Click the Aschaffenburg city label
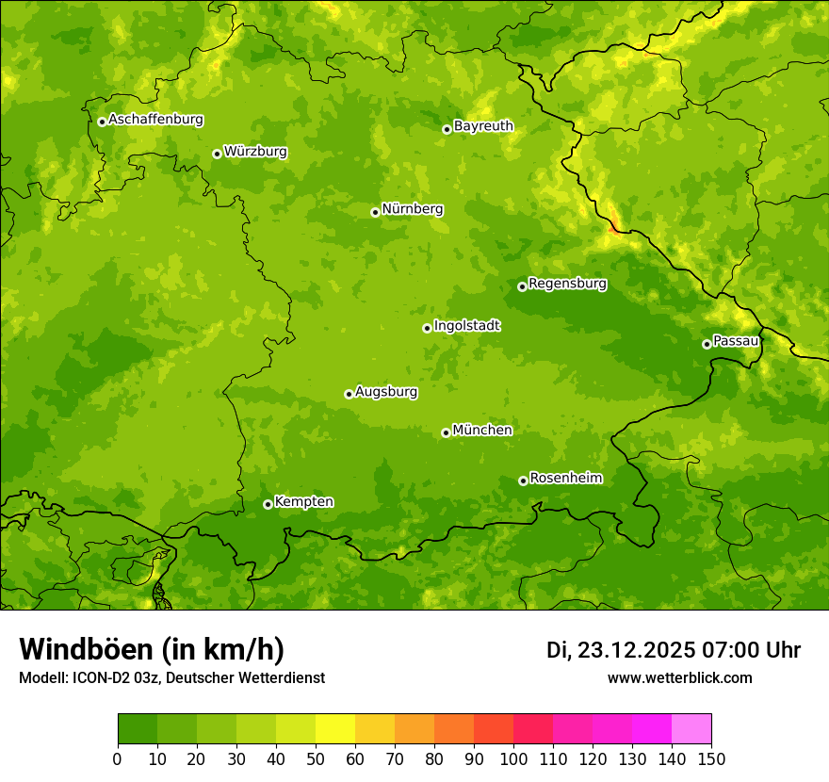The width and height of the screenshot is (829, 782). [155, 120]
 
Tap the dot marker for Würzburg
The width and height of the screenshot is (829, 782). [217, 154]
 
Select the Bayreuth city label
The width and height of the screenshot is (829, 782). [483, 125]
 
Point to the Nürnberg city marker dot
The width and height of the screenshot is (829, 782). [375, 212]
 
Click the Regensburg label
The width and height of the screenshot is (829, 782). [567, 283]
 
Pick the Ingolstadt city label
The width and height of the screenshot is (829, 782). [466, 326]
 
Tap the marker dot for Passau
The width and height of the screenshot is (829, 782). [707, 344]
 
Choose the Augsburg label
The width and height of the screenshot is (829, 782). [386, 392]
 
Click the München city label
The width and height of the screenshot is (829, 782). [482, 430]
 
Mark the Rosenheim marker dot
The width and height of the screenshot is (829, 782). [523, 481]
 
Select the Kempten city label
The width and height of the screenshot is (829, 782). [303, 501]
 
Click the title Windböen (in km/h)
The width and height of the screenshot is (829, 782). [151, 649]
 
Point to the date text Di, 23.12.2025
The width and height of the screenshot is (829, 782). [620, 650]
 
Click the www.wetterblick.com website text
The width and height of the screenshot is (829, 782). [679, 677]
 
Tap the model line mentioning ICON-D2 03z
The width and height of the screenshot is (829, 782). [171, 677]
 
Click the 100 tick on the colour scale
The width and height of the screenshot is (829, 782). [513, 758]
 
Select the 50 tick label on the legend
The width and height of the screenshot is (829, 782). [316, 758]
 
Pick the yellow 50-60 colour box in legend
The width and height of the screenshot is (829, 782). [335, 729]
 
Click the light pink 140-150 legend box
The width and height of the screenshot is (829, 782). [691, 729]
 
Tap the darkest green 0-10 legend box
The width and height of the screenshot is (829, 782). [138, 729]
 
